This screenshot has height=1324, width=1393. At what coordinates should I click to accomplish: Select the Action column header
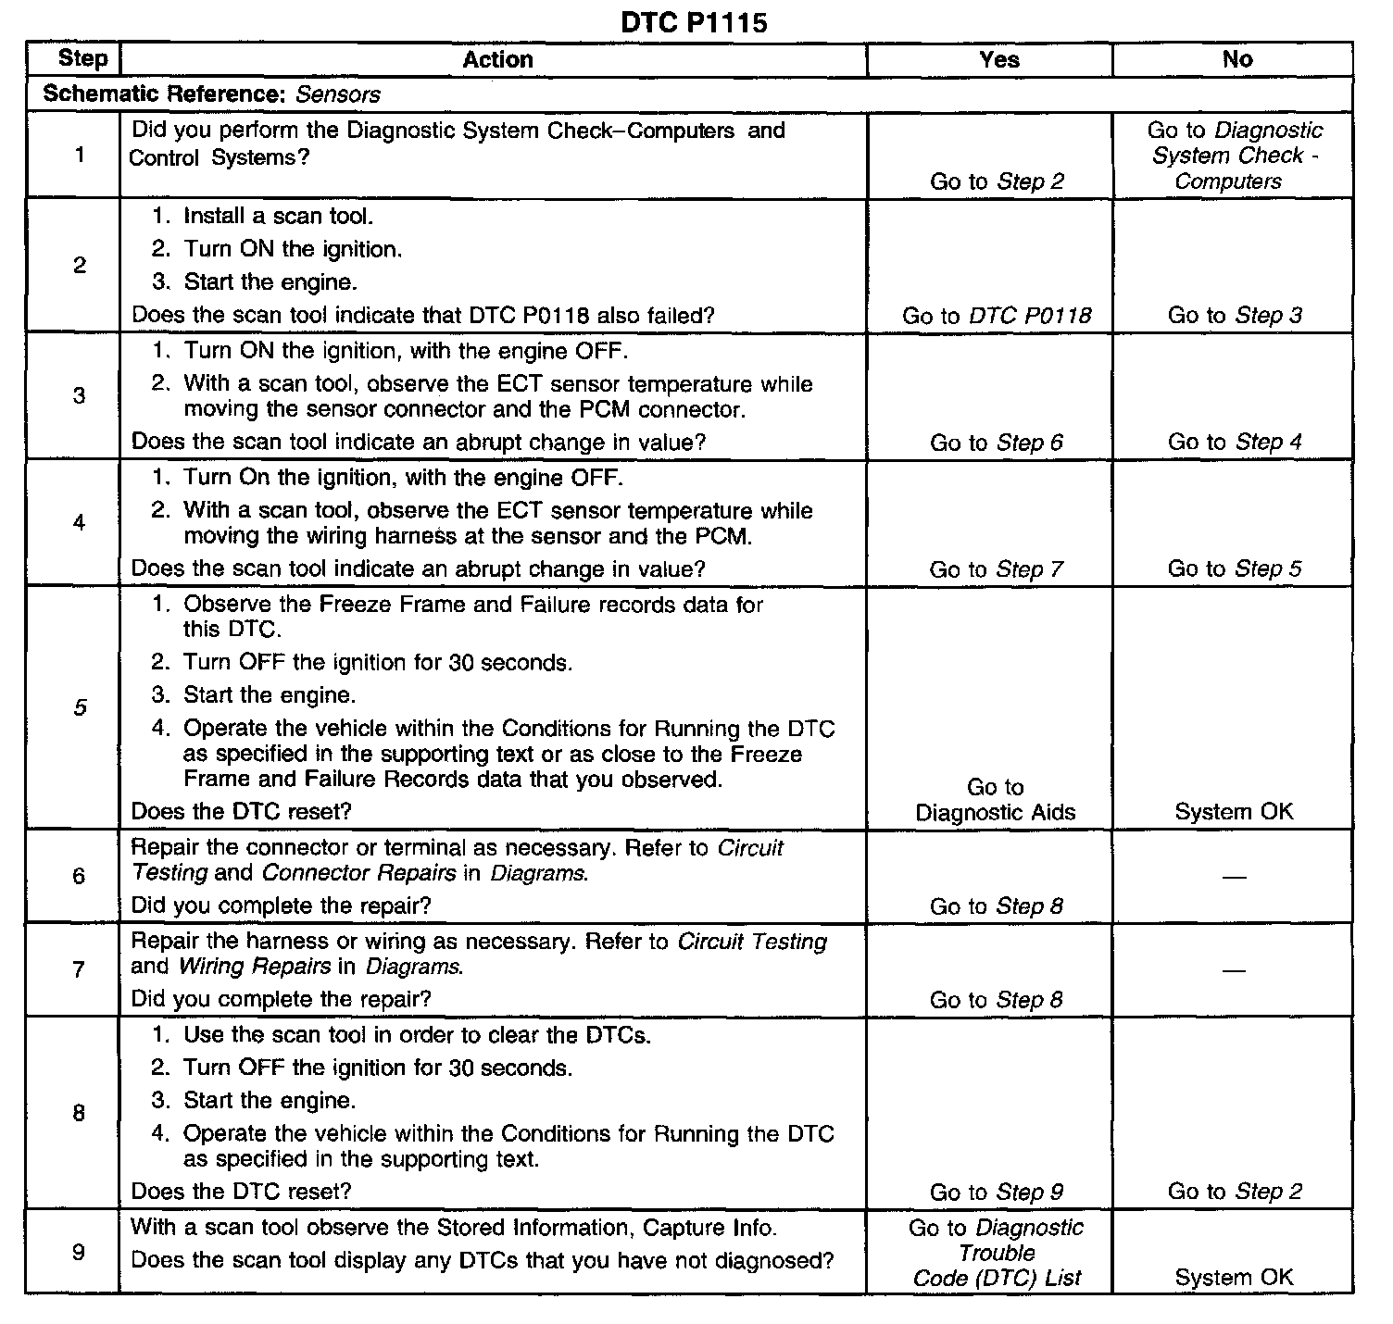[497, 59]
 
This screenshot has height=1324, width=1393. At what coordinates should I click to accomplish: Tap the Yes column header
[998, 59]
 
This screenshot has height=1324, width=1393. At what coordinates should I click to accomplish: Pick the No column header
[1236, 59]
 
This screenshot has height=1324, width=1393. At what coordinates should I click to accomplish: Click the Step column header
[82, 58]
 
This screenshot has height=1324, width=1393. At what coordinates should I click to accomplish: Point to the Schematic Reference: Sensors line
[211, 94]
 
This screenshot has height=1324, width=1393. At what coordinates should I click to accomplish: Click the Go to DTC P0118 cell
[997, 316]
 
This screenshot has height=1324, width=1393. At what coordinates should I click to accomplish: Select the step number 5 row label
[80, 708]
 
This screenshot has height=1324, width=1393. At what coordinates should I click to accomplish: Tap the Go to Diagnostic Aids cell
[995, 800]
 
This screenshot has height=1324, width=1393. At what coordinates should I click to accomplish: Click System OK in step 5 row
[1233, 812]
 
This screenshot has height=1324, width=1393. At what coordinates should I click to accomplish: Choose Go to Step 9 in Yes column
[997, 1193]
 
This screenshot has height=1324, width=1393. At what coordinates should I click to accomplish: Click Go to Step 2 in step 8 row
[1235, 1192]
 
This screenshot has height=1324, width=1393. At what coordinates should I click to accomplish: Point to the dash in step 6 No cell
[1234, 877]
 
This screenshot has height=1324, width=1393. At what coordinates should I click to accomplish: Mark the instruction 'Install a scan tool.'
[278, 217]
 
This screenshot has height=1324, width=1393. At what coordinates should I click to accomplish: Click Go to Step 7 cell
[997, 569]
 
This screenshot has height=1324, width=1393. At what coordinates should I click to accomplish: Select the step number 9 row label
[79, 1253]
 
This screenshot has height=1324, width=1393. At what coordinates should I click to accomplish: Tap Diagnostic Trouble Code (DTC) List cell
[997, 1253]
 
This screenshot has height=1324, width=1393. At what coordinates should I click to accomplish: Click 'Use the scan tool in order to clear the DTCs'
[417, 1035]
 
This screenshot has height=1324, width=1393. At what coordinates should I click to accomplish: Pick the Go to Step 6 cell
[997, 443]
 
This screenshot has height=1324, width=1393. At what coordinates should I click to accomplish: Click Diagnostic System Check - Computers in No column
[1235, 156]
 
